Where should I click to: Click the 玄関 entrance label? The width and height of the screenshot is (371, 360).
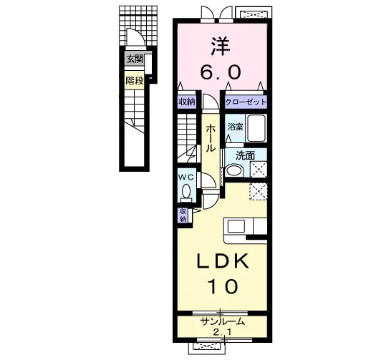135,59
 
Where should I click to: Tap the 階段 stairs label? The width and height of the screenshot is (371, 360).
135,81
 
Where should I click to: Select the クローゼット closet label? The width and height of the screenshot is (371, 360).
246,102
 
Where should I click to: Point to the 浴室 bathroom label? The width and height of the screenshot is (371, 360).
236,127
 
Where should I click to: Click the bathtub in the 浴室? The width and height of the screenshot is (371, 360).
256,128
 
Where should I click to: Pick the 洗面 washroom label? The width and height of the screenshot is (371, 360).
245,155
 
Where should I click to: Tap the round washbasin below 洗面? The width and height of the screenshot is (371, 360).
234,170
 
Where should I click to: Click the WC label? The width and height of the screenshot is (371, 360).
186,177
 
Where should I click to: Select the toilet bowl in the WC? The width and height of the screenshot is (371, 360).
186,191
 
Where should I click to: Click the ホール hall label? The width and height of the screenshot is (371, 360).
211,138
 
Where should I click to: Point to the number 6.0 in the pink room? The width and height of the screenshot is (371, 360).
220,72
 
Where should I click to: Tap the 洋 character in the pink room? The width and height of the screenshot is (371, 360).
221,47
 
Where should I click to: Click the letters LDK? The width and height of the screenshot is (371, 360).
223,261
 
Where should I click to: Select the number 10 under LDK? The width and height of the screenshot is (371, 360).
223,286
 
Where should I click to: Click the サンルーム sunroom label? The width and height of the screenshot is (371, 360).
223,322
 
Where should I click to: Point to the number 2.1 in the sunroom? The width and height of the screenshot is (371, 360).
222,333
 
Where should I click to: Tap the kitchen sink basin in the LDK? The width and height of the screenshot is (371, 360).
236,226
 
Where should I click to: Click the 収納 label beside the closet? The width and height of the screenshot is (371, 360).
187,102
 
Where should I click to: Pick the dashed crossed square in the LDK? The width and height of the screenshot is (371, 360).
258,191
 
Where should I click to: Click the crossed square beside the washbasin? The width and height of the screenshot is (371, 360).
259,169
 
